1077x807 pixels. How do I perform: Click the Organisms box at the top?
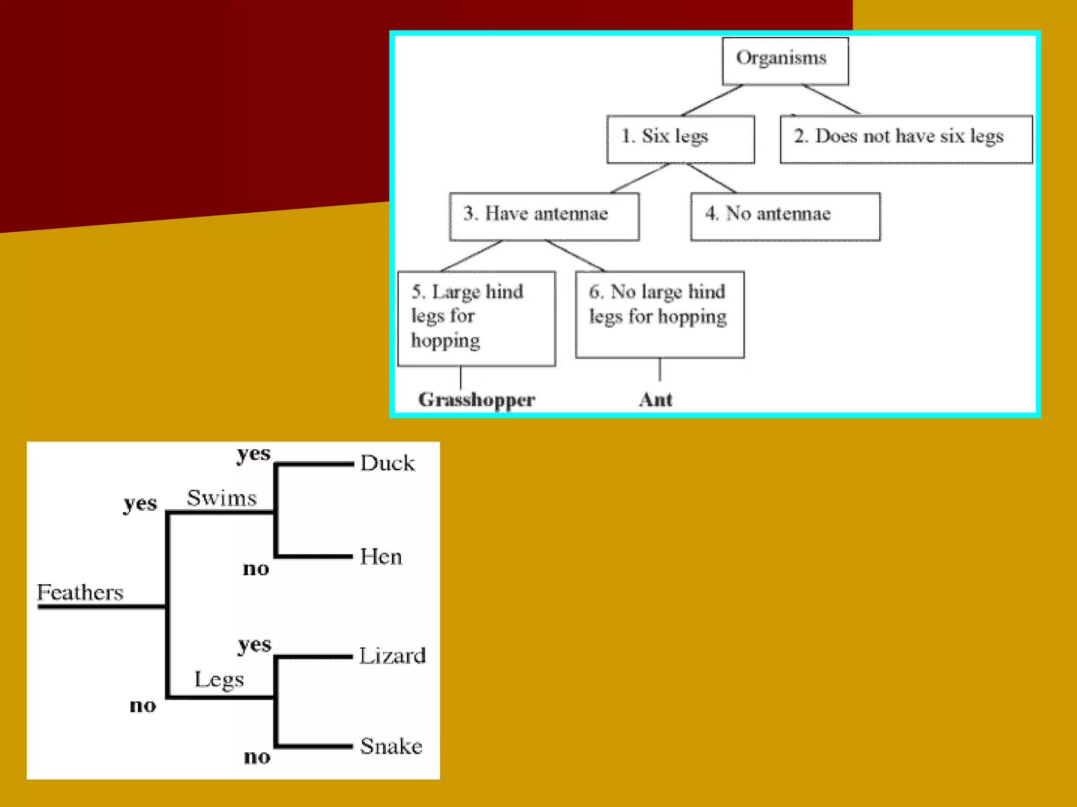[785, 60]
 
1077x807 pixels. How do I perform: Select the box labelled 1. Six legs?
[680, 139]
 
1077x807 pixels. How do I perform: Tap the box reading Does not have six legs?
[906, 139]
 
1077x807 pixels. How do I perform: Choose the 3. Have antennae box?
[544, 216]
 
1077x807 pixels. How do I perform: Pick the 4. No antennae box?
[785, 216]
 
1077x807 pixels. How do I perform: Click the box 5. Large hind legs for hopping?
[476, 318]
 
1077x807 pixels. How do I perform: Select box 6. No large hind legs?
[659, 314]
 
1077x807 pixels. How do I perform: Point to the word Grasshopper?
[476, 400]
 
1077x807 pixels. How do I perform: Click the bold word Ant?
[656, 400]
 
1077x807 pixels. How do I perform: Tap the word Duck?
[388, 463]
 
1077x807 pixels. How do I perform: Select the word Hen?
[381, 557]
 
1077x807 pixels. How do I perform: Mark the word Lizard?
[392, 656]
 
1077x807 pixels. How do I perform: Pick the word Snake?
[391, 747]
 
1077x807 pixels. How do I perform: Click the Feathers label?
[80, 593]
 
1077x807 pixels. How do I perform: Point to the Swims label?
[222, 498]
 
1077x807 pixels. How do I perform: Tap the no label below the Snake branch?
[257, 757]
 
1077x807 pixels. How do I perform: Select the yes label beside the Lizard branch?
[255, 645]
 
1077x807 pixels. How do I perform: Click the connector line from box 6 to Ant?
[659, 370]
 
